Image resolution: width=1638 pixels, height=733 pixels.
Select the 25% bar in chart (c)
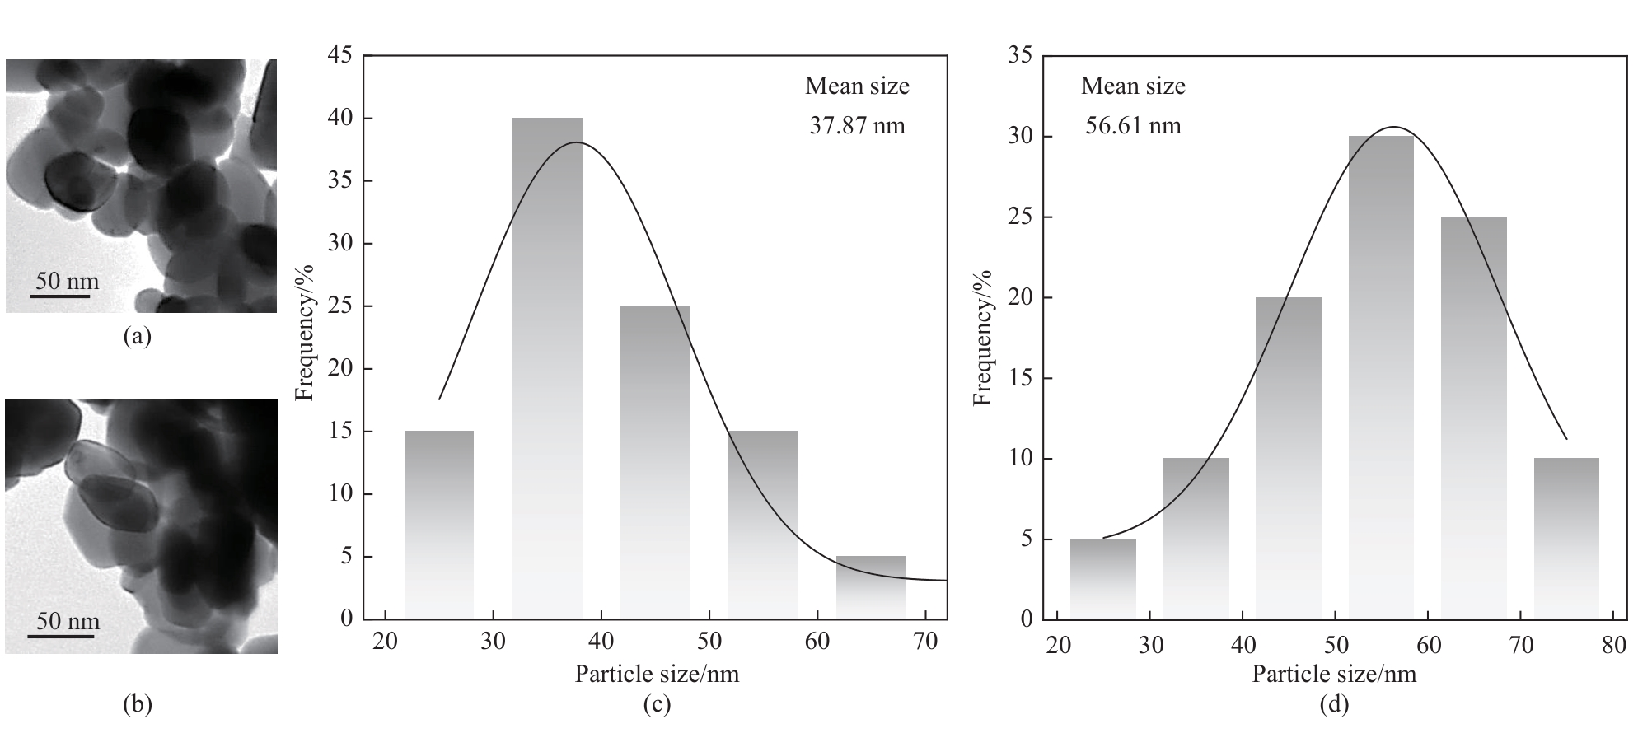tap(655, 461)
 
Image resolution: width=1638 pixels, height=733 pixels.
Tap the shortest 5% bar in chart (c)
tap(871, 586)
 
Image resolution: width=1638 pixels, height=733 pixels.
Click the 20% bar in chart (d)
tap(1288, 457)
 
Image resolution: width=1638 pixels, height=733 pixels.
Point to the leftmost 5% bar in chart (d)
tap(1102, 578)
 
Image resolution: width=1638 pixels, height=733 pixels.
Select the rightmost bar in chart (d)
tap(1566, 538)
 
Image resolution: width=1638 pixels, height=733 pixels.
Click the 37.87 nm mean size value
tap(857, 126)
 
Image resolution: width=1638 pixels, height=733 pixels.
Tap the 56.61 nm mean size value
tap(1133, 126)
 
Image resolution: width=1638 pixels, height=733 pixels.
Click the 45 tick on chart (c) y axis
tap(340, 56)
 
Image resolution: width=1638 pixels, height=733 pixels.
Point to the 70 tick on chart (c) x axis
tap(925, 641)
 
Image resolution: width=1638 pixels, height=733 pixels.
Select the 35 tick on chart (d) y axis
tap(1019, 56)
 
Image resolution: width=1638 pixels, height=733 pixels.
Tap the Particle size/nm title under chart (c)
tap(657, 675)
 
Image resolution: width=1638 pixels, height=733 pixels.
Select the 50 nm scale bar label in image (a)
tap(67, 282)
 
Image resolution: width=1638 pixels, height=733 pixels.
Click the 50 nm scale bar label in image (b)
tap(68, 621)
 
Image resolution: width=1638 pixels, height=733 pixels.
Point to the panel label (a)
tap(137, 336)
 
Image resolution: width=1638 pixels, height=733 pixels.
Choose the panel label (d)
tap(1334, 704)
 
